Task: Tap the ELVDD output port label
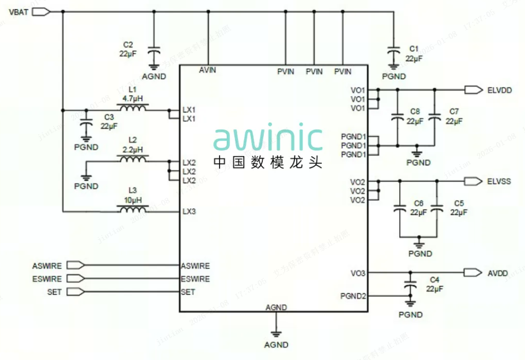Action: (499, 90)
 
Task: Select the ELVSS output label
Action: (498, 181)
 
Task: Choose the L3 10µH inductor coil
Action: (133, 209)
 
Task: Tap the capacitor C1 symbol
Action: (392, 52)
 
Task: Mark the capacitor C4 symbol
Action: (410, 286)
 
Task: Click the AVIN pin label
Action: (208, 70)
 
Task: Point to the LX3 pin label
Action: (189, 211)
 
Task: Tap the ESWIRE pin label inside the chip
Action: (195, 279)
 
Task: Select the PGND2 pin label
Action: (352, 296)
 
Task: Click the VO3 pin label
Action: (358, 273)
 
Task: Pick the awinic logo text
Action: (268, 139)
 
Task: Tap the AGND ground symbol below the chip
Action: (276, 333)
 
